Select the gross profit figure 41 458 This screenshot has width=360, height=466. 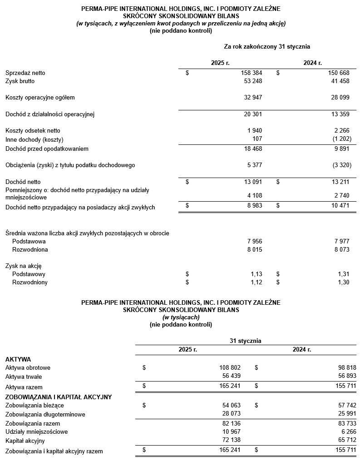coord(340,81)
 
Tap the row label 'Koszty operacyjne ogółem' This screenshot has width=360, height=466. coord(40,97)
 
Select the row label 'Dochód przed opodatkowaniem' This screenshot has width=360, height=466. coord(47,149)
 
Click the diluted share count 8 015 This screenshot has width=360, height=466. coord(254,249)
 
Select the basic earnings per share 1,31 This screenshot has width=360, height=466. coord(344,274)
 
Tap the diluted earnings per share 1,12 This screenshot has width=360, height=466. coord(256,282)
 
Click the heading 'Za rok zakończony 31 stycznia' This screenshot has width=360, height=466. coord(267,46)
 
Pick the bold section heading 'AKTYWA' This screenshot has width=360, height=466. coord(18,359)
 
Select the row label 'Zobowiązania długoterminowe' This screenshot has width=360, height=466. coord(45,414)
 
